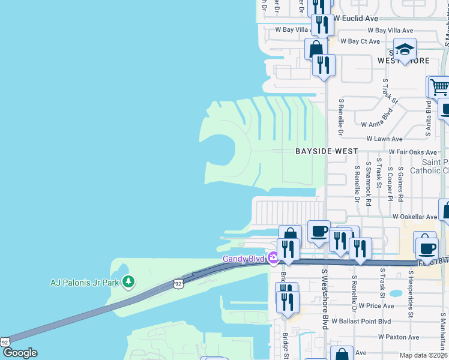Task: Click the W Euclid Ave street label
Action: click(x=357, y=19)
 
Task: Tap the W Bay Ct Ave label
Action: click(x=360, y=41)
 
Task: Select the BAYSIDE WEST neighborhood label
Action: click(x=327, y=152)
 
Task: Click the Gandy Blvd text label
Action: click(x=244, y=259)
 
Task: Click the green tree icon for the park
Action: click(x=127, y=281)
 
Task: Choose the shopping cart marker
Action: click(x=439, y=87)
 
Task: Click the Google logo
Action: click(x=20, y=353)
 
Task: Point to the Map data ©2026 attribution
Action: click(x=423, y=355)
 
